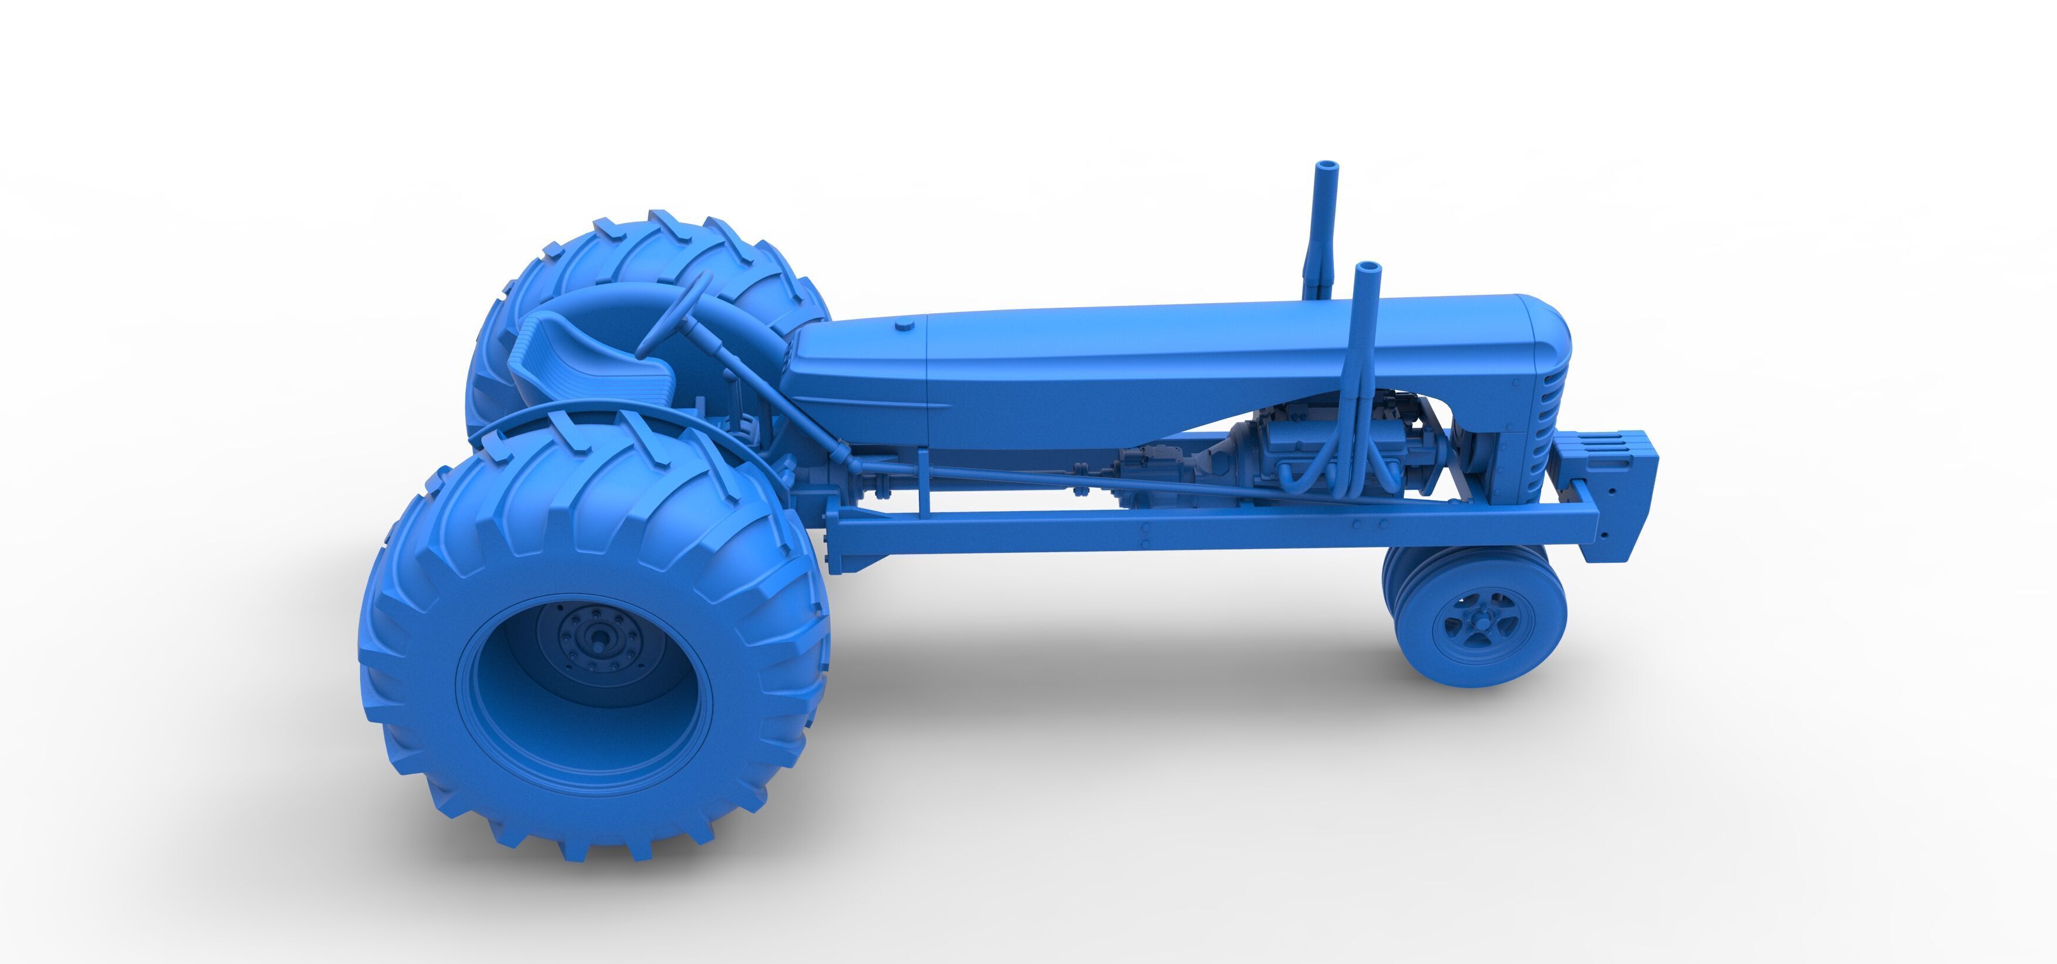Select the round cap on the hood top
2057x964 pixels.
[x=905, y=324]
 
